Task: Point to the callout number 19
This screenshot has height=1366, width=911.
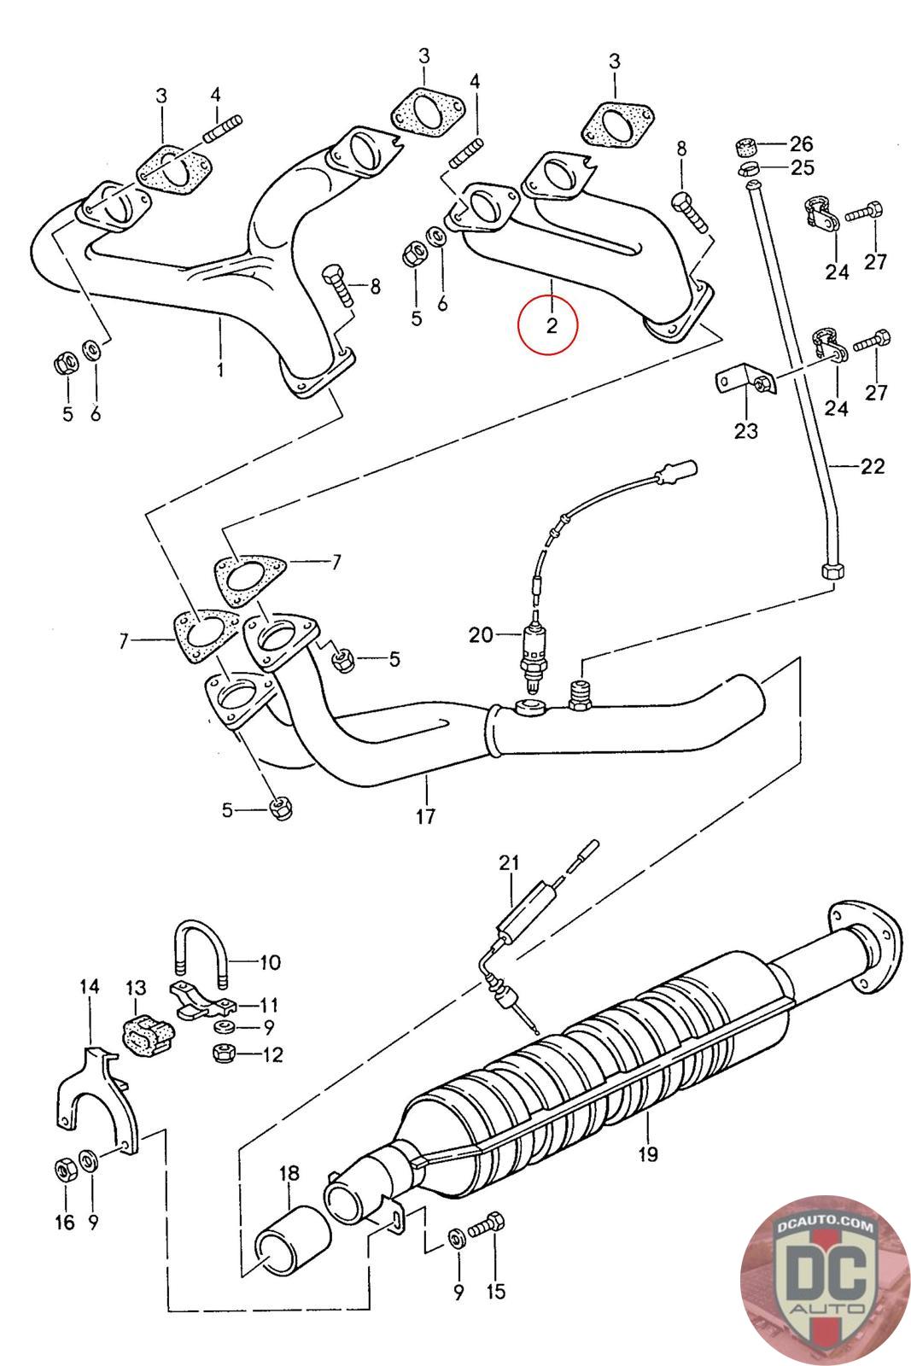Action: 648,1154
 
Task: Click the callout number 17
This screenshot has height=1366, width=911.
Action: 425,815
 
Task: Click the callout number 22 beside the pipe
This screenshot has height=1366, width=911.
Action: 872,466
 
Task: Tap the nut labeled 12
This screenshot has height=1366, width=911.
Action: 224,1054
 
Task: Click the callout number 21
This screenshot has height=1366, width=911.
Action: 509,863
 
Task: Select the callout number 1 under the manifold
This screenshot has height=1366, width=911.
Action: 219,370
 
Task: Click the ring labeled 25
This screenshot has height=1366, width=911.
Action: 749,167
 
